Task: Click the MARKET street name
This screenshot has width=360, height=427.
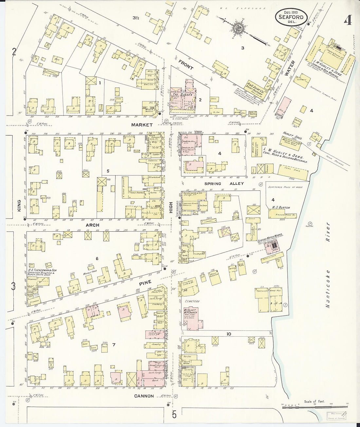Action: [x=142, y=125]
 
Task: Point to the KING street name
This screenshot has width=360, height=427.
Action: [x=19, y=205]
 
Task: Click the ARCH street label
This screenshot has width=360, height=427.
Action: [x=92, y=225]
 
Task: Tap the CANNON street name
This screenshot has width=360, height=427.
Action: [x=144, y=396]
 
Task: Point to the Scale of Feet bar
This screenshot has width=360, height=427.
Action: [x=314, y=407]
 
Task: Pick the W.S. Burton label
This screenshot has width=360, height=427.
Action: [x=281, y=207]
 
